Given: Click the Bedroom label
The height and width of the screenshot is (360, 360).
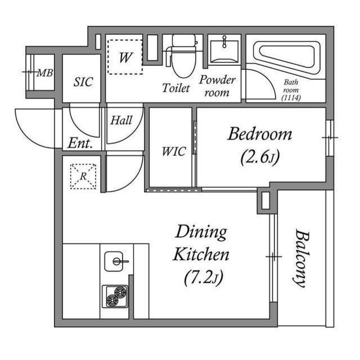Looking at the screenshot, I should pos(259,134).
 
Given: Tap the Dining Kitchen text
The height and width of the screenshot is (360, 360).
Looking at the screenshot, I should pos(201,243).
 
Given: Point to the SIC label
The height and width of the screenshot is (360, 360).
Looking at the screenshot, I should pos(82,80).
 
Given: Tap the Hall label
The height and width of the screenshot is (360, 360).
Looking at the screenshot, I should pos(121,120).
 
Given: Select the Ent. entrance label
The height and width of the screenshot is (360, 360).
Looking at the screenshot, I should pos(80,143).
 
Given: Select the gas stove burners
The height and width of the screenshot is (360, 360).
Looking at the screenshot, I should pos(115,295).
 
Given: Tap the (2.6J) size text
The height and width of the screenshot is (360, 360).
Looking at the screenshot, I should pos(259,158).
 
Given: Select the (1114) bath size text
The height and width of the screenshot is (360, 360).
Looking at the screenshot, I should pos(291,97).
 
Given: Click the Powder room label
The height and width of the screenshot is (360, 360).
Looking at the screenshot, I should pos(217,85).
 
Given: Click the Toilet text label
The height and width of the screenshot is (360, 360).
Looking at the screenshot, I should pos(176,88).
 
